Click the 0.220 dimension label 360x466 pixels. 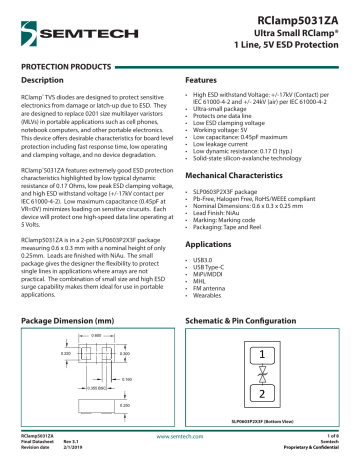[x=37, y=353]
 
